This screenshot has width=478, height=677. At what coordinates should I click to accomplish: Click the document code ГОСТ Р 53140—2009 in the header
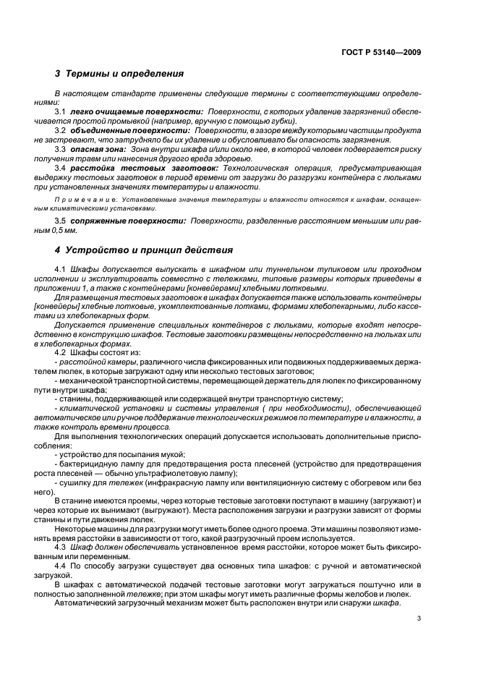[x=383, y=52]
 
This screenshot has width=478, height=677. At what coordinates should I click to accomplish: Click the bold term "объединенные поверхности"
[x=132, y=130]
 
